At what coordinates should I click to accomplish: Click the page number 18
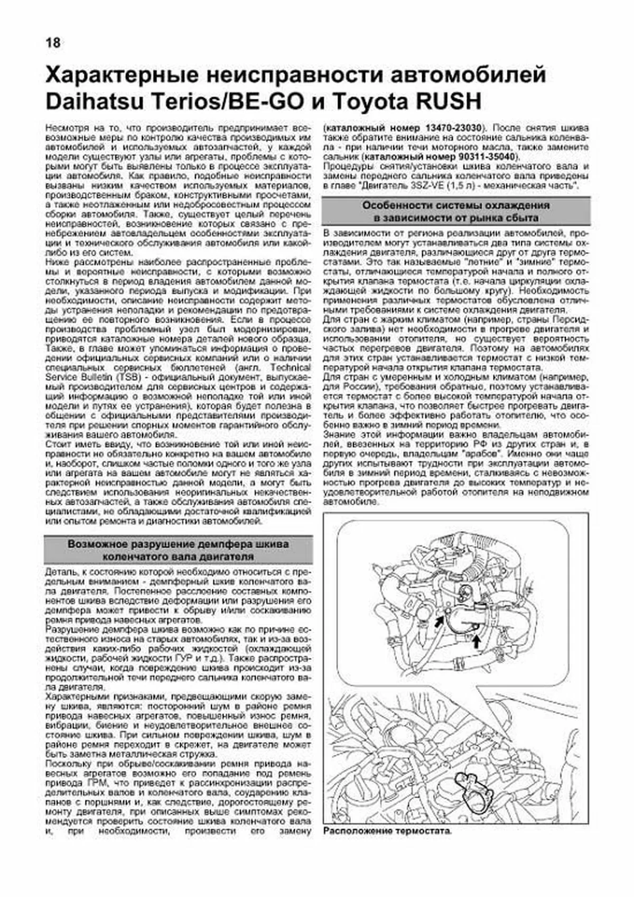click(x=53, y=43)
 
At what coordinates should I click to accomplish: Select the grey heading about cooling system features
click(x=455, y=211)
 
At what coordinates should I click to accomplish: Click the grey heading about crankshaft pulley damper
click(x=178, y=550)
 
